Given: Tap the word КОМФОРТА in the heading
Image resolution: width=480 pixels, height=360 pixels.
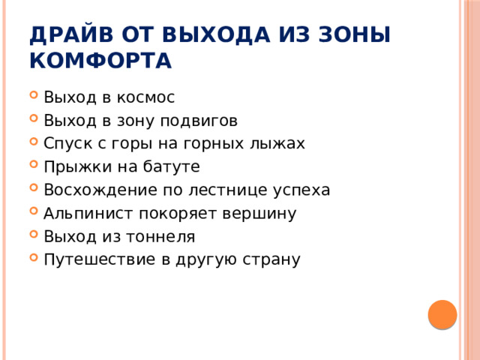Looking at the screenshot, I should pyautogui.click(x=100, y=61).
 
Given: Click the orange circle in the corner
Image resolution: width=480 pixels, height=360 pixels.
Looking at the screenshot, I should pyautogui.click(x=442, y=314).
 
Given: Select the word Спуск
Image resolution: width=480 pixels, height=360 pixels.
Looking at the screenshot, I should pyautogui.click(x=66, y=144).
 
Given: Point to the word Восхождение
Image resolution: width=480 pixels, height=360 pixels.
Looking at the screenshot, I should pyautogui.click(x=93, y=190).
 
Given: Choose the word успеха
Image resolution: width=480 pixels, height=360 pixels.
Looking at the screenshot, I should pyautogui.click(x=303, y=190).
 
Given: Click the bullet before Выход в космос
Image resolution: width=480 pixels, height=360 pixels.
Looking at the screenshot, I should pyautogui.click(x=34, y=98).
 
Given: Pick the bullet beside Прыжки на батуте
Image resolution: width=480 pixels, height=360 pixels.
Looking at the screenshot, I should pyautogui.click(x=34, y=168).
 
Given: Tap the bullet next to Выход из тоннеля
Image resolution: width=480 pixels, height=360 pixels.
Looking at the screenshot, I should pyautogui.click(x=34, y=238).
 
